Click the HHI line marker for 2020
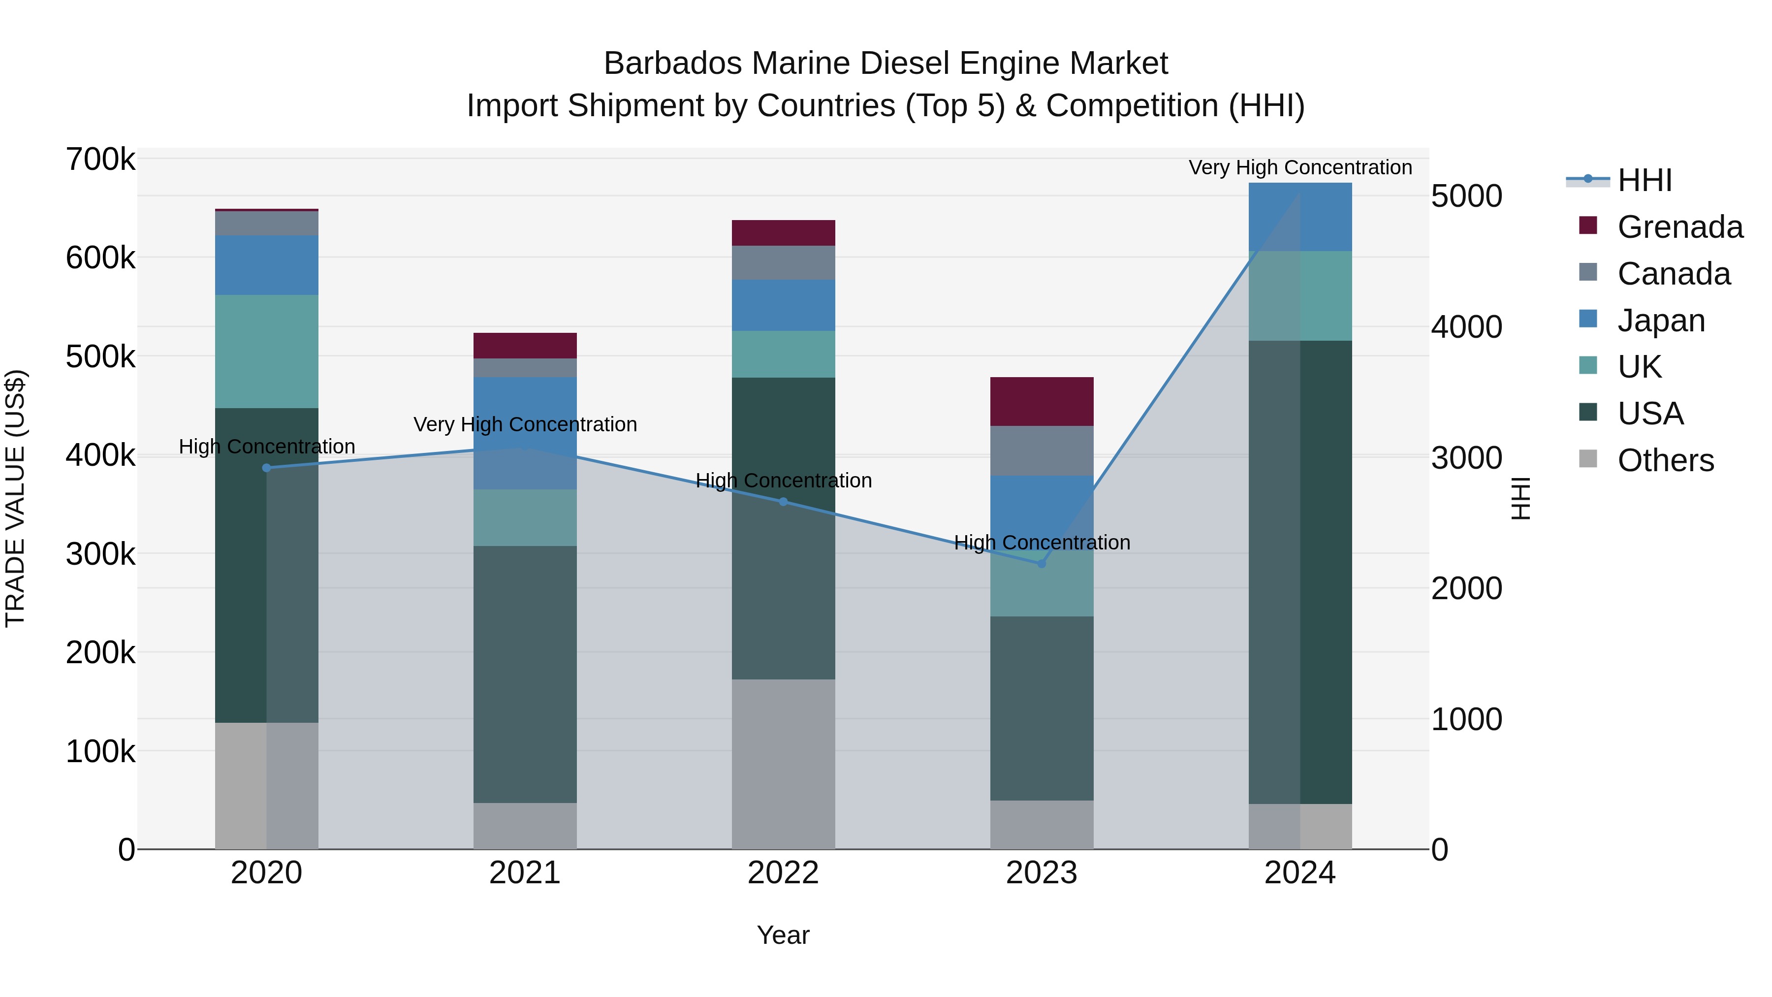tap(267, 468)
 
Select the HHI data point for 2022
tap(783, 502)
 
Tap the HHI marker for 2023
tap(1042, 564)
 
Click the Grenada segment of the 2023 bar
tap(1042, 401)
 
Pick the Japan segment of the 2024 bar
tap(1300, 217)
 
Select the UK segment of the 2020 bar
tap(267, 352)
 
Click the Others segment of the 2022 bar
tap(783, 764)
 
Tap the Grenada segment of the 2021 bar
tap(525, 346)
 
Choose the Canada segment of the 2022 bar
tap(783, 263)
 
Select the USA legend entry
tap(1650, 414)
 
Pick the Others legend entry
tap(1665, 460)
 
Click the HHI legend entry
tap(1644, 180)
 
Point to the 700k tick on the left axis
tap(100, 160)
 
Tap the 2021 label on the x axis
tap(525, 873)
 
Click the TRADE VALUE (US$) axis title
tap(15, 498)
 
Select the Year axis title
tap(783, 935)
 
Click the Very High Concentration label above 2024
tap(1300, 167)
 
